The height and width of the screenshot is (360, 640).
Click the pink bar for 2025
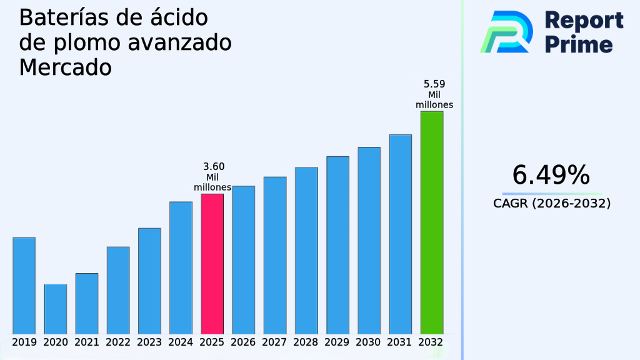click(x=212, y=263)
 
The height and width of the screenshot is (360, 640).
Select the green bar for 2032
click(x=431, y=222)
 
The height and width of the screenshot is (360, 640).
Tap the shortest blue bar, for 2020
click(x=55, y=309)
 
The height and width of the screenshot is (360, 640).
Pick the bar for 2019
click(x=24, y=285)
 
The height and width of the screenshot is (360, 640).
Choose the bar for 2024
click(x=181, y=267)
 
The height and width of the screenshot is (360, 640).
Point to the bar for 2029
click(x=337, y=244)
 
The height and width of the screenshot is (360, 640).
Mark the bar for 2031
click(x=400, y=234)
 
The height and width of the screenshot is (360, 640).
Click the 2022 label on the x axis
click(x=118, y=342)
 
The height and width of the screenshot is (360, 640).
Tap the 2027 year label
click(x=275, y=342)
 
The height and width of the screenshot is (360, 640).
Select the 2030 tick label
click(x=369, y=342)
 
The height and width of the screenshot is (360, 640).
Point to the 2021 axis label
click(x=87, y=342)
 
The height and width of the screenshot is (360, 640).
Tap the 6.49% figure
click(x=551, y=176)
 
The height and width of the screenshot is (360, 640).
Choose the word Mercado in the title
click(x=65, y=67)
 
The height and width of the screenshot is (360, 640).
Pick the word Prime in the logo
click(x=579, y=44)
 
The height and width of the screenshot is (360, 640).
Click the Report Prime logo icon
click(x=506, y=32)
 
